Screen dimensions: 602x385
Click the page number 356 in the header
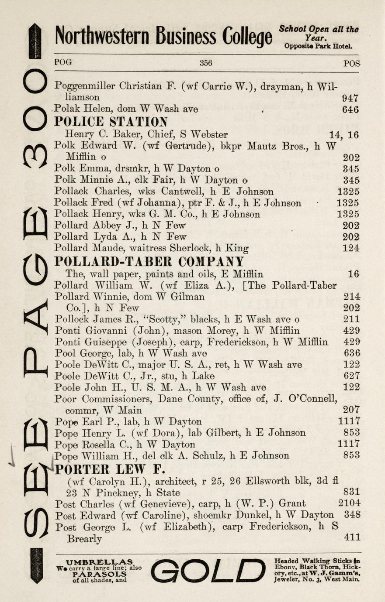click(x=206, y=63)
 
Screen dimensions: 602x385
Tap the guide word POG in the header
click(x=63, y=62)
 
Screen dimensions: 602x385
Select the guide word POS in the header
click(x=351, y=63)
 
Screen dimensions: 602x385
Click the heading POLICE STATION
click(x=111, y=121)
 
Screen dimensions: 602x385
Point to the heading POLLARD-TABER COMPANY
click(x=149, y=262)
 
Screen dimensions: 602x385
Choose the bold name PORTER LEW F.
click(x=110, y=469)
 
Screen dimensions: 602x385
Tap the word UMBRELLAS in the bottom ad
click(x=99, y=562)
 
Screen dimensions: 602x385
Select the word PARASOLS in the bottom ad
click(x=99, y=574)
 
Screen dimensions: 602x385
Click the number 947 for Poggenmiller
click(x=350, y=98)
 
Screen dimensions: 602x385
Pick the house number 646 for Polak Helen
click(x=351, y=109)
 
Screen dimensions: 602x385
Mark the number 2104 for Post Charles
click(x=349, y=504)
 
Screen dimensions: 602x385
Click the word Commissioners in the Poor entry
click(x=118, y=399)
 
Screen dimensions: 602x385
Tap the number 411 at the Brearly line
click(x=352, y=537)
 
